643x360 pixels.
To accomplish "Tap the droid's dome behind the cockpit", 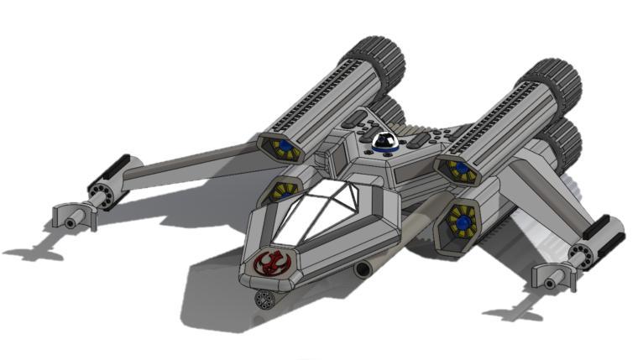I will [x=385, y=142].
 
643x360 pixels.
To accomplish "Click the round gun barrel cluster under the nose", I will [x=267, y=299].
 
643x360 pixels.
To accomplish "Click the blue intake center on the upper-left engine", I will [x=285, y=147].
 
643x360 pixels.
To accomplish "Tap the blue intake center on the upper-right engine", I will [x=460, y=170].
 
